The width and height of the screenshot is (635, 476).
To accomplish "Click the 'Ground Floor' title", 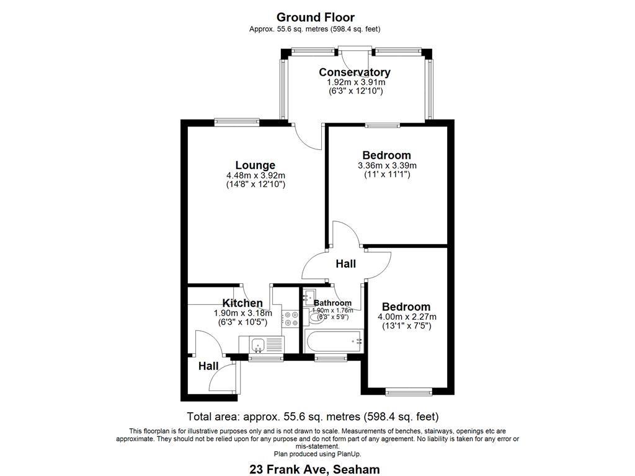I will (x=315, y=17).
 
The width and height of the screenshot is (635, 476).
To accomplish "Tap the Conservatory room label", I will (x=355, y=72).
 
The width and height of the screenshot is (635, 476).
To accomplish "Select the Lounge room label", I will (x=255, y=165).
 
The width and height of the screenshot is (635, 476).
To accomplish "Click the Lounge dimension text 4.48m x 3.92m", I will (x=255, y=175).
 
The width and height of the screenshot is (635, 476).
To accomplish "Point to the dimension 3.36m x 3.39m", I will (x=387, y=165).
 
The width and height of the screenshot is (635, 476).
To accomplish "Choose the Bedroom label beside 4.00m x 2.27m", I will (x=406, y=307).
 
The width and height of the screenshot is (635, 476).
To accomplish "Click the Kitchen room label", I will (x=242, y=303).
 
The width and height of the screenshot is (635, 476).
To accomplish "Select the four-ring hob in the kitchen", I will (x=290, y=319).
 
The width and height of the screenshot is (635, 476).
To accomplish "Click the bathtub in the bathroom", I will (x=333, y=340).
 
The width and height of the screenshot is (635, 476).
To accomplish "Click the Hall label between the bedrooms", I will (x=345, y=264).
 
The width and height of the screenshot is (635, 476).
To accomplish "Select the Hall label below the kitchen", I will (x=208, y=366).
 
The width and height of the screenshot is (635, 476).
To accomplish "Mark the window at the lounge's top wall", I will (x=237, y=121).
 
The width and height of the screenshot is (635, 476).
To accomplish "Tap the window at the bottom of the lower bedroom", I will (x=407, y=391).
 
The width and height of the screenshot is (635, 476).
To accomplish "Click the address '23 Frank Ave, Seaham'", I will (x=314, y=469).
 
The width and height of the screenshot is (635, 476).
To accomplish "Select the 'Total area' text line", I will (x=313, y=416).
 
